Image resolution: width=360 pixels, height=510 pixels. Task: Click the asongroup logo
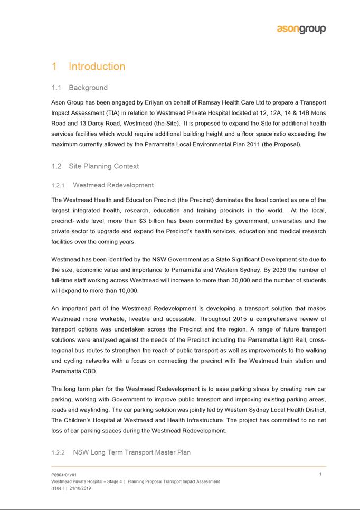point(301,30)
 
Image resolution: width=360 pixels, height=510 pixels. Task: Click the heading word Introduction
point(97,67)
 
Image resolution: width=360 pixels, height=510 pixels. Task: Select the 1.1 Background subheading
point(80,88)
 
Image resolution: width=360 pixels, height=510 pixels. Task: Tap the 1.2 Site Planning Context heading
point(95,166)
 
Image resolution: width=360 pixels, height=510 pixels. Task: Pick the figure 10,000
point(127,290)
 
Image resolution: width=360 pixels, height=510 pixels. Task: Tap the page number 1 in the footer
point(321,474)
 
